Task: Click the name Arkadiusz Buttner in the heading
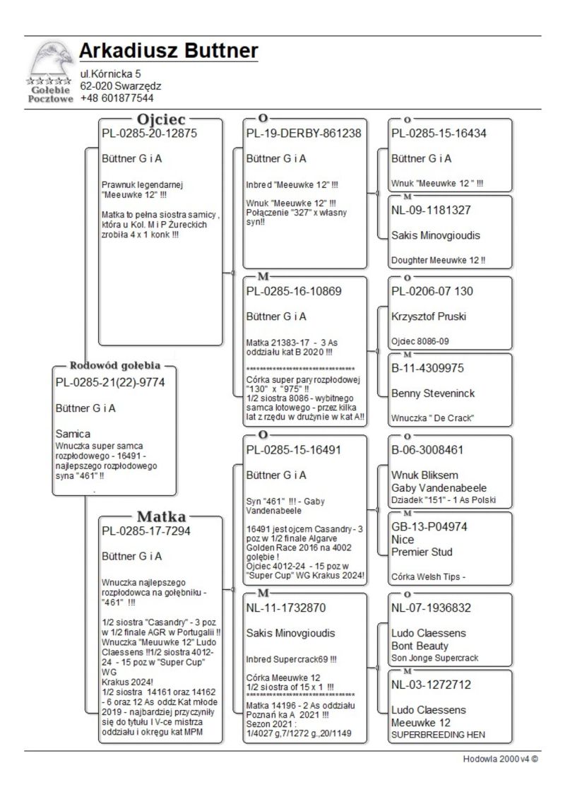pyautogui.click(x=168, y=52)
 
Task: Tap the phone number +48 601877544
pyautogui.click(x=117, y=98)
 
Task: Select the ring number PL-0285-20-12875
pyautogui.click(x=149, y=134)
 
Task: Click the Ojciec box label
pyautogui.click(x=161, y=120)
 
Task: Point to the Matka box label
pyautogui.click(x=161, y=516)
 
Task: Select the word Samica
pyautogui.click(x=73, y=433)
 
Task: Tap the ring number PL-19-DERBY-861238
pyautogui.click(x=304, y=134)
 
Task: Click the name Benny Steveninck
pyautogui.click(x=433, y=393)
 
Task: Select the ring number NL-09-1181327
pyautogui.click(x=431, y=210)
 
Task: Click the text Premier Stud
pyautogui.click(x=422, y=552)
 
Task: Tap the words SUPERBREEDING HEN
pyautogui.click(x=438, y=735)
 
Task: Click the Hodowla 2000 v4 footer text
pyautogui.click(x=501, y=759)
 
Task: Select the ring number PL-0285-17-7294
pyautogui.click(x=146, y=531)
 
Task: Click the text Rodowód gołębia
pyautogui.click(x=115, y=366)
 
